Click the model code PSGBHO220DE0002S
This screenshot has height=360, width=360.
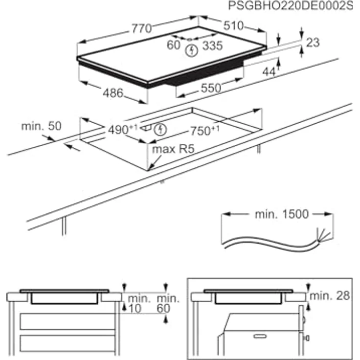click(291, 6)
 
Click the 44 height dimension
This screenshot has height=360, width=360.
click(269, 71)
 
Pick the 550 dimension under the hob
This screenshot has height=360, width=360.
click(210, 88)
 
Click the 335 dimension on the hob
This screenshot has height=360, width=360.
click(212, 46)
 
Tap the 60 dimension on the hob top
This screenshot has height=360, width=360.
click(174, 45)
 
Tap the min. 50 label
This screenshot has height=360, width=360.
click(41, 126)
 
